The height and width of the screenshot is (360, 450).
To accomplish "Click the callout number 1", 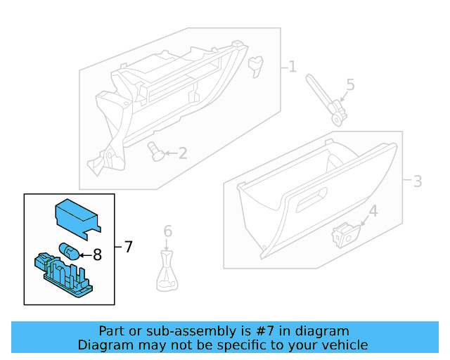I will pos(292,67).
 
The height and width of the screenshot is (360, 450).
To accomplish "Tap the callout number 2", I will pos(182,153).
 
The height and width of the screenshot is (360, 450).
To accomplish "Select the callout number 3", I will pos(417,181).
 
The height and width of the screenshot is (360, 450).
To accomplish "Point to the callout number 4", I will pos(373,210).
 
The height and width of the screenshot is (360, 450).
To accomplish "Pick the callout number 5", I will pos(349,86).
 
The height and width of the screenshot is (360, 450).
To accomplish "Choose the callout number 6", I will pos(167,231).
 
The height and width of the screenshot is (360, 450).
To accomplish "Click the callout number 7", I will pos(128,247).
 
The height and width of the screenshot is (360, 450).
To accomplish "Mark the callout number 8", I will pos(97,255).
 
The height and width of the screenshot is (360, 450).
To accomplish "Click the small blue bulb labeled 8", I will pos(69,250).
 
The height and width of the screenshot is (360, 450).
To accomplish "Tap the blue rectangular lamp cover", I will pos(77,214).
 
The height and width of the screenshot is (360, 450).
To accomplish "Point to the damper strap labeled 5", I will pos(326,99).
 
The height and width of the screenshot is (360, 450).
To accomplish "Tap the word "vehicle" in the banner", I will pos(345,345).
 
